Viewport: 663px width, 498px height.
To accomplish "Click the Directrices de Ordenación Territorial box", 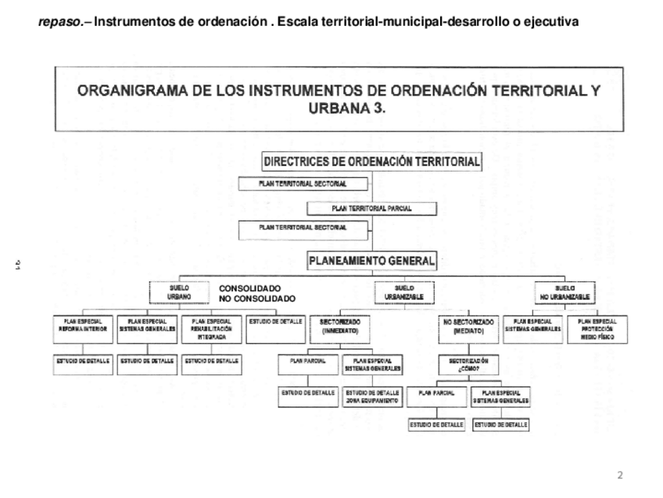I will tap(371, 162).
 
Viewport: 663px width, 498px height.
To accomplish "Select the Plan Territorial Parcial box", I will tap(371, 208).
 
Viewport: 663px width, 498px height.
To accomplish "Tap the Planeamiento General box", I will tap(371, 262).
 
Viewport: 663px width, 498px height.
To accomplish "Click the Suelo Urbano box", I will tap(179, 293).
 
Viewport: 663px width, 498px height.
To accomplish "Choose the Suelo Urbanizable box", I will tap(404, 293).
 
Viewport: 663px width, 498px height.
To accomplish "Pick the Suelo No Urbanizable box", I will tap(564, 293).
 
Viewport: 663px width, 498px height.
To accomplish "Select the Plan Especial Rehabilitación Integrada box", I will tap(211, 329).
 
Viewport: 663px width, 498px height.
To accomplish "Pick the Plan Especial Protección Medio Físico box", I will tap(598, 329).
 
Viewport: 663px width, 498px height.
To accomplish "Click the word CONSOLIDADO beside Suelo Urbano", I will tap(249, 288).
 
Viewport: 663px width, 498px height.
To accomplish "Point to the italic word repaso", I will tap(59, 22).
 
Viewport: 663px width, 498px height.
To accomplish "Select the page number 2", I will tap(621, 475).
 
